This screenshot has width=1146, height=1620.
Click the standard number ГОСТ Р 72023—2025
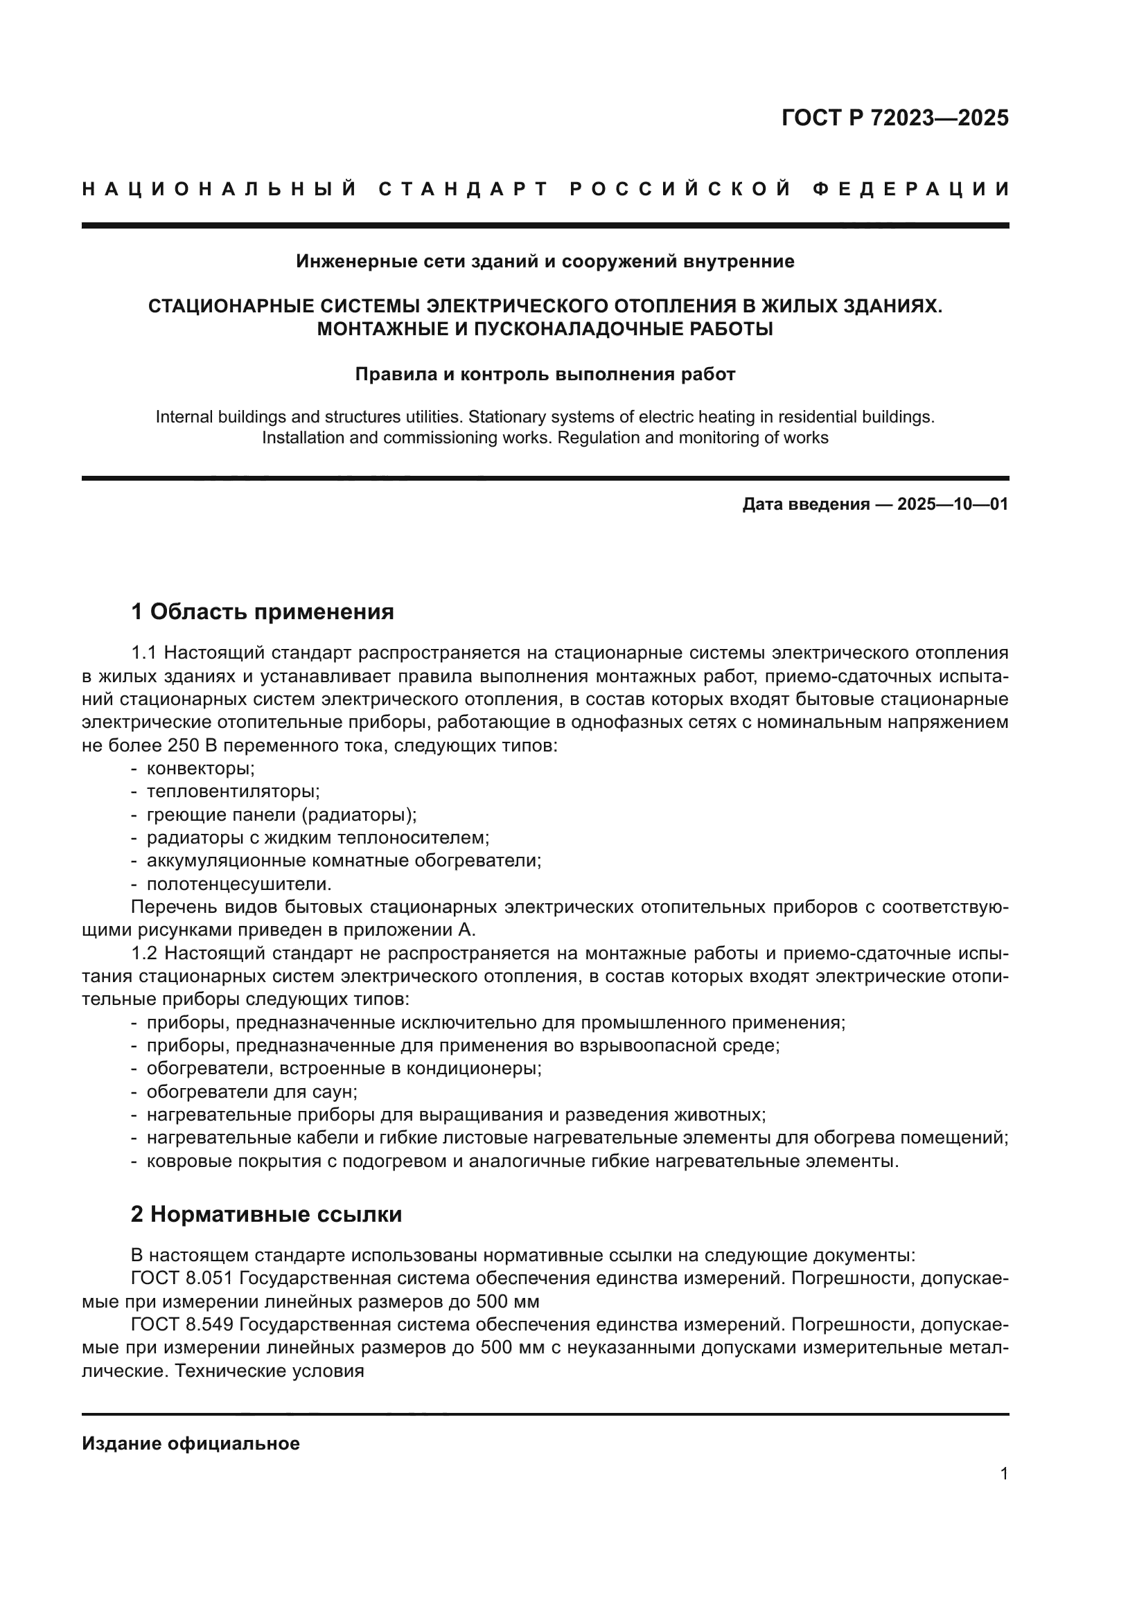(x=894, y=118)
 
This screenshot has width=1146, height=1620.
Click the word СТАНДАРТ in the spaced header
(x=463, y=189)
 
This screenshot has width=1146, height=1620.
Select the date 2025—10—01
(x=953, y=504)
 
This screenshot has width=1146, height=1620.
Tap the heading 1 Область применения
(x=263, y=612)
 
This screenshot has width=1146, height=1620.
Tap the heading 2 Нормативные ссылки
(x=267, y=1214)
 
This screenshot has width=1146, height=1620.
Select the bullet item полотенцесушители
(x=238, y=884)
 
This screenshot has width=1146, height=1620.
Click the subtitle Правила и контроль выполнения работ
(x=545, y=375)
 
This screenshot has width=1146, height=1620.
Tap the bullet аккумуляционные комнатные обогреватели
(x=344, y=861)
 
